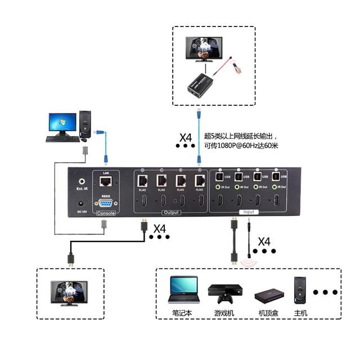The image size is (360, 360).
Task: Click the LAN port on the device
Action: (105, 182)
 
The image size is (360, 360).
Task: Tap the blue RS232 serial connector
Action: (105, 202)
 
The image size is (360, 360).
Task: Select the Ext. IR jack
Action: (83, 182)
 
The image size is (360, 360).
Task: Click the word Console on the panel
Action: (105, 213)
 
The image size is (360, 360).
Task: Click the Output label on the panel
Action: (170, 212)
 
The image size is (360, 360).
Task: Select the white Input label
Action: (249, 212)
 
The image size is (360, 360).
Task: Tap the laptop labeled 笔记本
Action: (183, 290)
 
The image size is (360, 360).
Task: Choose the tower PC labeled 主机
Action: (298, 290)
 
